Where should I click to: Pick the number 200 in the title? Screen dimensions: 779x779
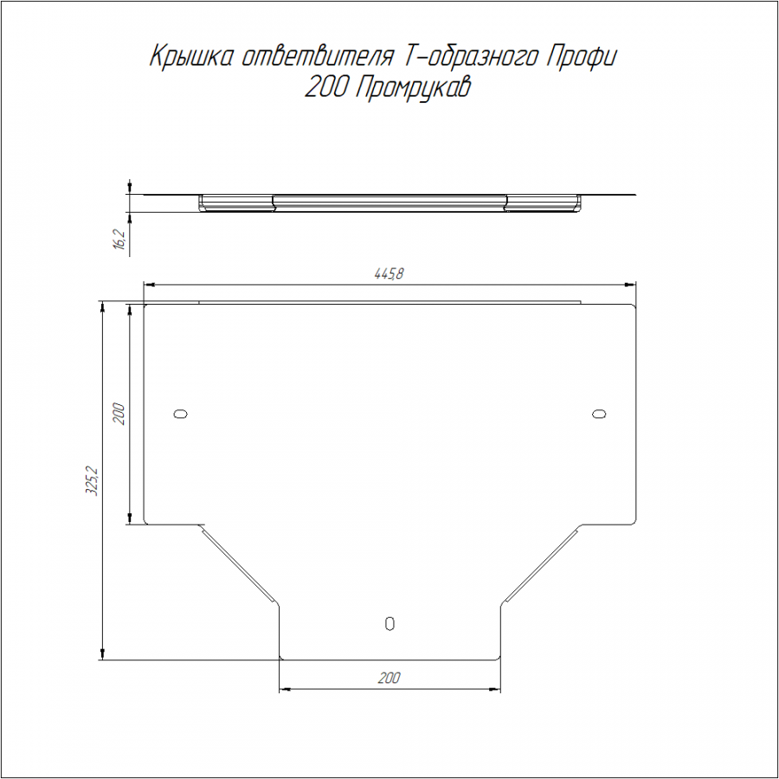coord(325,88)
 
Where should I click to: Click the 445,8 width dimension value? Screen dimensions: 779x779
coord(389,274)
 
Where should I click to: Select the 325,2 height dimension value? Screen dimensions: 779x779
coord(92,480)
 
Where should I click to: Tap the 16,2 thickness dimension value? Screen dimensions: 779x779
coord(120,240)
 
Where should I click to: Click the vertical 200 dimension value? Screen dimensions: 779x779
coord(119,414)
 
